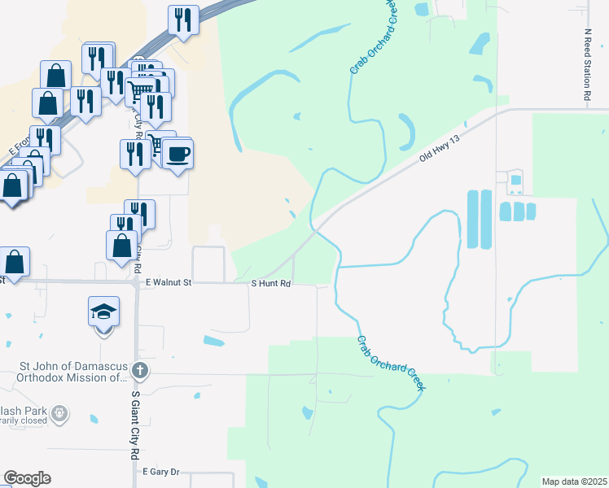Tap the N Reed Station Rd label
coord(587,66)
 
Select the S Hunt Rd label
coord(270,283)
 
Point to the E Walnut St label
coord(168,282)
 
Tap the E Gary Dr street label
coord(160,471)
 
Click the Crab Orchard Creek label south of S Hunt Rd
coord(391,364)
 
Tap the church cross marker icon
coord(140,371)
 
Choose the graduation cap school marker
coord(104,312)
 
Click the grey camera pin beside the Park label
coord(59,415)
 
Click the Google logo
coord(27,478)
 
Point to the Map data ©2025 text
coord(574,481)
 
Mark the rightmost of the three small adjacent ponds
coord(531,211)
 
